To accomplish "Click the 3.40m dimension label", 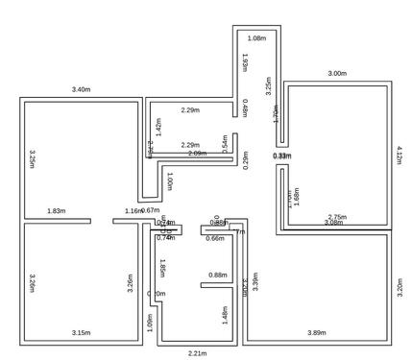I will (x=81, y=89).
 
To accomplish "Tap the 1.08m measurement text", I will (x=256, y=37).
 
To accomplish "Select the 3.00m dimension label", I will (x=337, y=73).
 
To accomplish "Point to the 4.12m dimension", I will (x=400, y=155).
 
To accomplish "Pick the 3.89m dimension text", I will (x=316, y=332).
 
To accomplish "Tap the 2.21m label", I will (x=197, y=353).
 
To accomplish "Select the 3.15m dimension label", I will (x=81, y=332).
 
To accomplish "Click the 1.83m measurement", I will (x=56, y=210).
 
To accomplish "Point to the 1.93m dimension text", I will (x=245, y=63).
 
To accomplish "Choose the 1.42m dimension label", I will (x=158, y=126).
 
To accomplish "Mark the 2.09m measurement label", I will (x=197, y=154).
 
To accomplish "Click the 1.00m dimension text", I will (x=170, y=180).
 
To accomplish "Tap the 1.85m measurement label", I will (x=163, y=268).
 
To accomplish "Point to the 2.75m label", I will (x=337, y=217).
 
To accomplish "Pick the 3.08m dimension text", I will (x=333, y=223).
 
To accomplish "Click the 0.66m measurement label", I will (x=215, y=237).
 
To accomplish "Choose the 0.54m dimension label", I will (x=225, y=144).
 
